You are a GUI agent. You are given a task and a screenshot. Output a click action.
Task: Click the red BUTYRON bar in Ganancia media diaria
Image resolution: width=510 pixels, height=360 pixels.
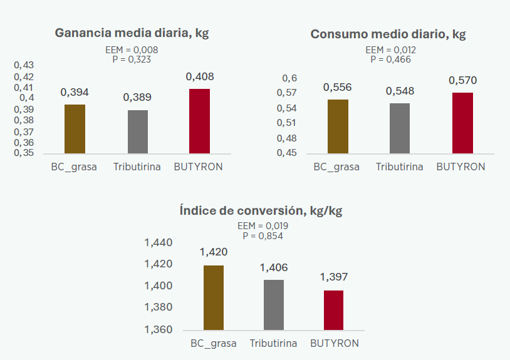pos(200,121)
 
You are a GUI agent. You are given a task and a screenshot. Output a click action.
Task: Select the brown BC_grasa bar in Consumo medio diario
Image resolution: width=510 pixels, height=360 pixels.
pos(338,126)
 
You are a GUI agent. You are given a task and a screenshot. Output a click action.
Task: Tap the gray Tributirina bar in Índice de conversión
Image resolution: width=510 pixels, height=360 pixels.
pos(274,304)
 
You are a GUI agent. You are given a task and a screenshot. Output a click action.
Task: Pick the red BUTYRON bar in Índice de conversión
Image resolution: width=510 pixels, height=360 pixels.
pos(333,310)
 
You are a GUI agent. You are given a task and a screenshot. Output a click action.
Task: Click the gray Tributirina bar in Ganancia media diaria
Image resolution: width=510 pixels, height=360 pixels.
pos(137,131)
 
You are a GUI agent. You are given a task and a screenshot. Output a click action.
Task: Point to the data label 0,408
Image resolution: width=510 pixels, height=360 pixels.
pos(200,77)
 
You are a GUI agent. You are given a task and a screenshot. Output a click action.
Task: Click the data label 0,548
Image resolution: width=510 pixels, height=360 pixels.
pos(400,91)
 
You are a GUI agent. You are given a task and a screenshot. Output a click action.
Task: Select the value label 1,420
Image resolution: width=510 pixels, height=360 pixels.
pos(214,252)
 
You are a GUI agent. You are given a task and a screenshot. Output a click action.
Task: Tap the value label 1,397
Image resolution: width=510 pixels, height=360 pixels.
pos(333,277)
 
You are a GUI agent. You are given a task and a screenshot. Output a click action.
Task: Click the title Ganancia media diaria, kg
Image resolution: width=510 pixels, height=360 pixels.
pos(132,33)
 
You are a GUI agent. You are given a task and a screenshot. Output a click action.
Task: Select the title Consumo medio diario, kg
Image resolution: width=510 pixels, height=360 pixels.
pos(388,34)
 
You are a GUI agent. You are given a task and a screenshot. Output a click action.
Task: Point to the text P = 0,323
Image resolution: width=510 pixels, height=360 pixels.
pos(132,59)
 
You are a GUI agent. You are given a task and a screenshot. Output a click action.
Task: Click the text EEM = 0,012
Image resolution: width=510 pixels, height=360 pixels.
pos(390,50)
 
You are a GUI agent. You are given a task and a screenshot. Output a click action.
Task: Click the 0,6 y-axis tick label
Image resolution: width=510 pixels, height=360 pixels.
pos(289,78)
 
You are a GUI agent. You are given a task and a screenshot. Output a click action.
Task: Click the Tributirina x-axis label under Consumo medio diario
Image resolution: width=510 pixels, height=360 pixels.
pos(400,167)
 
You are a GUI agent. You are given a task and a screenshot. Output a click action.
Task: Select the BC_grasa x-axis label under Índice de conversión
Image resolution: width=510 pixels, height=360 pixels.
pos(214,343)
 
